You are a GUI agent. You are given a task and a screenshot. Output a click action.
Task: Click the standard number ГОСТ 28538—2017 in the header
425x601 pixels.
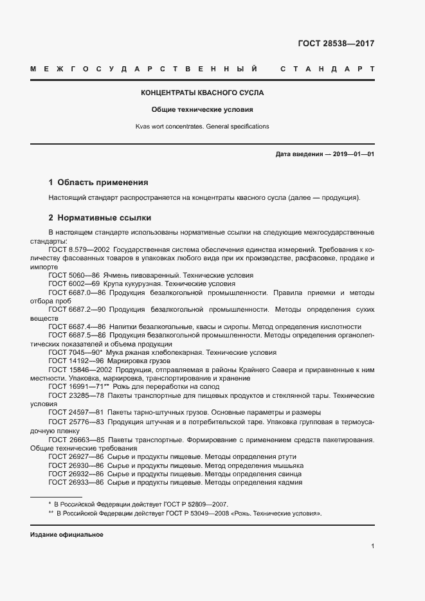coord(336,44)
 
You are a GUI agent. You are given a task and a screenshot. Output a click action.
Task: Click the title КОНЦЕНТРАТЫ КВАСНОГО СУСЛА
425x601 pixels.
coord(203,93)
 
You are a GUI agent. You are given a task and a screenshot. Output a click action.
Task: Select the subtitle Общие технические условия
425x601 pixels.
coord(203,109)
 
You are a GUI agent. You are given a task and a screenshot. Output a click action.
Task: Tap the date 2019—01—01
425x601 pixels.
coord(352,154)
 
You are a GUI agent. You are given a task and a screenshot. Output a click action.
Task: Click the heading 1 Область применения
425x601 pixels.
coord(98,183)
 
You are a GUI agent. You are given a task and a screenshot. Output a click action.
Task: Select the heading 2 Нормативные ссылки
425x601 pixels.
coord(100,217)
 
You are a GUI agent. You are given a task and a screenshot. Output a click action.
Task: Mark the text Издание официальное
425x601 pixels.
coord(67,535)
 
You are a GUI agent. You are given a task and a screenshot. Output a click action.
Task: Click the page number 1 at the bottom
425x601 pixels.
coord(372,546)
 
